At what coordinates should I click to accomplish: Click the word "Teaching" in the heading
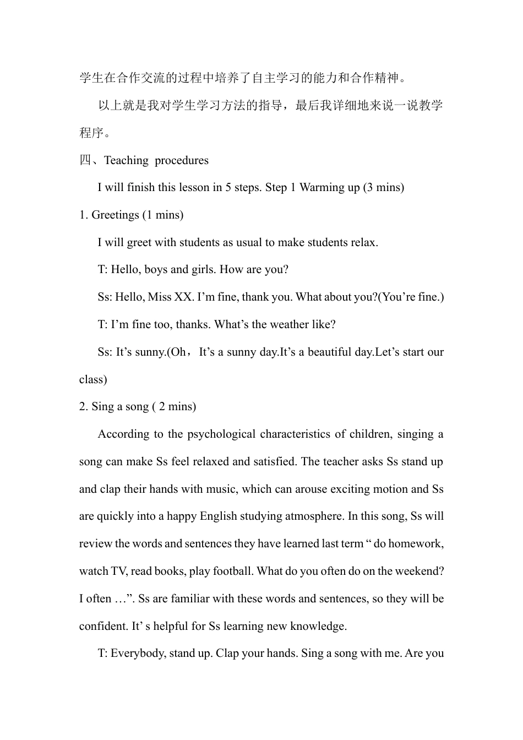pos(126,160)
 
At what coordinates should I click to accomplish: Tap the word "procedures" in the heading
pos(182,160)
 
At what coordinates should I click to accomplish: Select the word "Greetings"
pos(115,215)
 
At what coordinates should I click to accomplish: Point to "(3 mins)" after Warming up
pos(383,187)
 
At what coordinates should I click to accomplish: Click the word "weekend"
pos(418,571)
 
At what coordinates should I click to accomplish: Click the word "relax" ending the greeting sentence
pos(364,242)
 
